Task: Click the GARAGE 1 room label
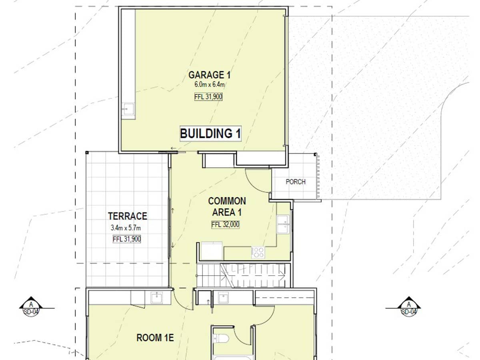pyautogui.click(x=210, y=75)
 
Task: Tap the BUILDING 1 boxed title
pyautogui.click(x=210, y=134)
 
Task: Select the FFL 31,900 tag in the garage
pyautogui.click(x=208, y=96)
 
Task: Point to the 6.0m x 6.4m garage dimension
pyautogui.click(x=209, y=84)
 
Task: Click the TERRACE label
pyautogui.click(x=128, y=216)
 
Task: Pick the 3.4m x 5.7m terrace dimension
pyautogui.click(x=127, y=228)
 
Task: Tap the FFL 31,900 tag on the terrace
pyautogui.click(x=127, y=239)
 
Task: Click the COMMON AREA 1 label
pyautogui.click(x=227, y=206)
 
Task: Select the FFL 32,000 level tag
pyautogui.click(x=226, y=225)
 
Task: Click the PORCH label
pyautogui.click(x=296, y=182)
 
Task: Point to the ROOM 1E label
pyautogui.click(x=155, y=338)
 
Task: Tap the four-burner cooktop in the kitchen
pyautogui.click(x=258, y=252)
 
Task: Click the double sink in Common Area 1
pyautogui.click(x=283, y=224)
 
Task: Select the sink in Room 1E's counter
pyautogui.click(x=156, y=298)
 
